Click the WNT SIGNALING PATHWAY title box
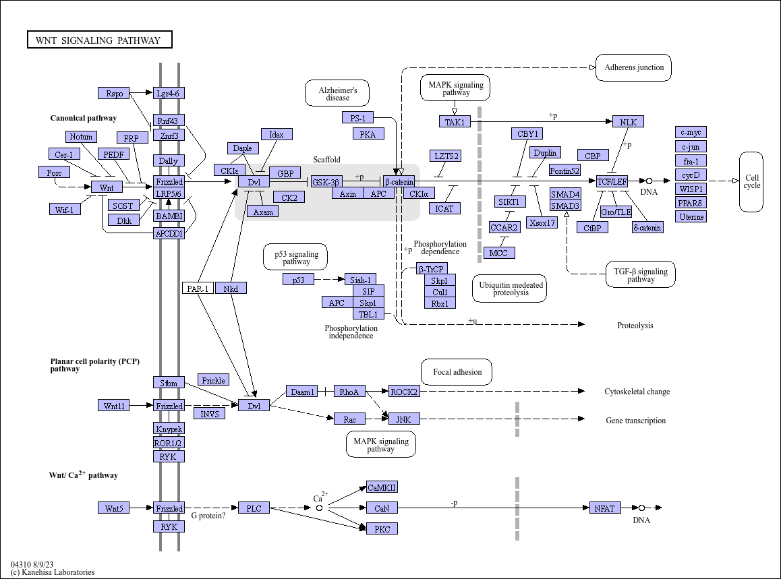[100, 40]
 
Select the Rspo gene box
[114, 93]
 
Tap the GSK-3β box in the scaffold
[326, 182]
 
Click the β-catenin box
[399, 182]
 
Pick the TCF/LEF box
[612, 181]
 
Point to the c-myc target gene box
[691, 132]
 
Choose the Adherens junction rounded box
[633, 67]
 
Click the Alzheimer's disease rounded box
[337, 93]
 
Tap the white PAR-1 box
[198, 288]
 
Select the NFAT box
[605, 508]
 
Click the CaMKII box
[382, 487]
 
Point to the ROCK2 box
[404, 392]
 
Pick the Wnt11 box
[114, 406]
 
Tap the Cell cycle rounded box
[751, 182]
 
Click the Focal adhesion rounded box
[457, 372]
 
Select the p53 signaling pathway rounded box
[295, 257]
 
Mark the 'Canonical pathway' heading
[83, 118]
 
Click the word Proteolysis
[635, 325]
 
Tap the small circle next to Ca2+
[319, 508]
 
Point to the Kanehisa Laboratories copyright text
[53, 572]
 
